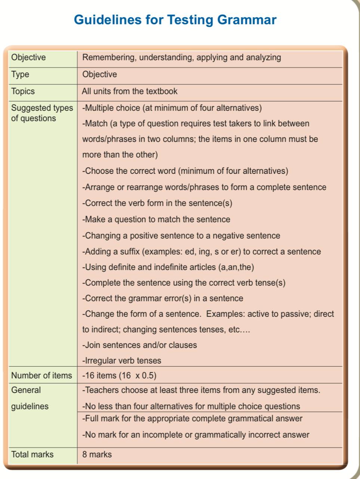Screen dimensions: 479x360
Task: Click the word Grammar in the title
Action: (246, 19)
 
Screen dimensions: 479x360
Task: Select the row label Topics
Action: (23, 91)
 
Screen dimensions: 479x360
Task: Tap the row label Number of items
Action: (41, 375)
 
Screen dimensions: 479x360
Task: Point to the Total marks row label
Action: (33, 454)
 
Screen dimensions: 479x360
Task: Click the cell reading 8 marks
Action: (97, 454)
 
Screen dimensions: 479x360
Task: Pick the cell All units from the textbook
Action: (130, 91)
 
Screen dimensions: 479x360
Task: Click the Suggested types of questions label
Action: (42, 113)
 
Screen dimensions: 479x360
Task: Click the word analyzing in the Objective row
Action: (263, 57)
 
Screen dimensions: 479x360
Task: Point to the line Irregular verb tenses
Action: (122, 361)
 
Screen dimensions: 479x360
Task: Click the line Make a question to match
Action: (156, 219)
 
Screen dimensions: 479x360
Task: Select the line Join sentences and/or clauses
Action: (140, 345)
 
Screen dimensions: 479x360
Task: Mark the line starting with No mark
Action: (196, 435)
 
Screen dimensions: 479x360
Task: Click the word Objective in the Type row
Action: (99, 74)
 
